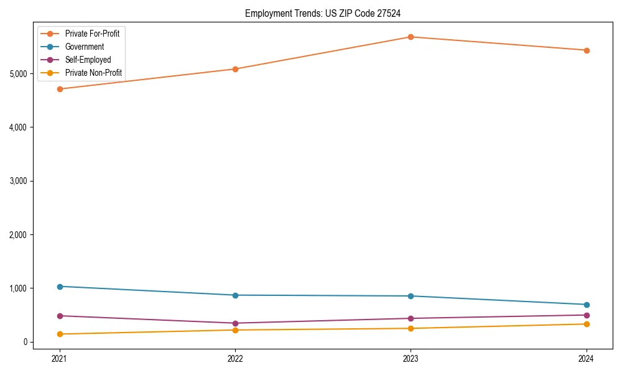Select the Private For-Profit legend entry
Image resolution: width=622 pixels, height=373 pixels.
tap(92, 34)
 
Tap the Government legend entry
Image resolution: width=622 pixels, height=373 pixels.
tap(85, 47)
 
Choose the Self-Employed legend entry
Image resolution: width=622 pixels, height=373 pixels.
tap(88, 60)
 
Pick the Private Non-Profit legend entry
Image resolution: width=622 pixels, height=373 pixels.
tap(93, 73)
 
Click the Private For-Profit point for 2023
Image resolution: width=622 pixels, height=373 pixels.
tap(411, 37)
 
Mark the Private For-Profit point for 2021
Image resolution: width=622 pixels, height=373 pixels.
tap(60, 89)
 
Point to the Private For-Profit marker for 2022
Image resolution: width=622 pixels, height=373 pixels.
tap(235, 69)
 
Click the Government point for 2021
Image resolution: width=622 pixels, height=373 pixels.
tap(60, 287)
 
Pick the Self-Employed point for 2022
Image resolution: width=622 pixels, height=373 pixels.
tap(235, 323)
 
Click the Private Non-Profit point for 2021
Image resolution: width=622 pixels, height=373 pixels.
tap(60, 334)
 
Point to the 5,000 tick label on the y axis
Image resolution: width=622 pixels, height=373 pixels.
tap(19, 74)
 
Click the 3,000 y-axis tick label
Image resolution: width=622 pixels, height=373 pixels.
tap(19, 181)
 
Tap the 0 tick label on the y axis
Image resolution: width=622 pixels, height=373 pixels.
tap(26, 342)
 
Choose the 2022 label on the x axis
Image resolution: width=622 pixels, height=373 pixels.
tap(235, 358)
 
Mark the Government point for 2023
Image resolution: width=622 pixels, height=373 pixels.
tap(411, 296)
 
